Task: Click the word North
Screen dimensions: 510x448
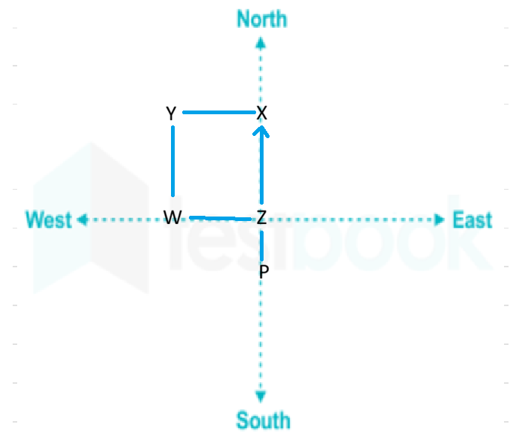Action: [262, 19]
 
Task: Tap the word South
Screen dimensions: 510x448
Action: [263, 420]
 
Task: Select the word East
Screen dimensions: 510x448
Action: [472, 220]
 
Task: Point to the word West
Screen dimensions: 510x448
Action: [49, 220]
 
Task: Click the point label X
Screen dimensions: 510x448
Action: [262, 113]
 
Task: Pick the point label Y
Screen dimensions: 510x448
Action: [171, 113]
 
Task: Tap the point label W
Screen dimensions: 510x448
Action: [172, 217]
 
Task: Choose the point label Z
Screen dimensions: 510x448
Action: [261, 217]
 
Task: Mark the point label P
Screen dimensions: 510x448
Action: [264, 272]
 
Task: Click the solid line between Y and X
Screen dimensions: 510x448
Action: [219, 112]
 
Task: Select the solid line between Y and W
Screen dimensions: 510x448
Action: [172, 161]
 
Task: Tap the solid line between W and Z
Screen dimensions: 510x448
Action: [220, 218]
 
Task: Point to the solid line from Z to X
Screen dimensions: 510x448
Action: [261, 165]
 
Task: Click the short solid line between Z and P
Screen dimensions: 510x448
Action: [262, 246]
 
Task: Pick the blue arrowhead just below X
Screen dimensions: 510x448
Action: [261, 131]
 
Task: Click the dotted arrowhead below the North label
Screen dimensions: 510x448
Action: [261, 43]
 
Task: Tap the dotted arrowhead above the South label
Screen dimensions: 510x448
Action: [261, 396]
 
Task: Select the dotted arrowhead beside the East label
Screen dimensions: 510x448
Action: [439, 220]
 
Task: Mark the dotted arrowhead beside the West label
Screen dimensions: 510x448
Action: [82, 220]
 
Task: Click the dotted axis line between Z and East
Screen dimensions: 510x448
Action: [351, 220]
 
